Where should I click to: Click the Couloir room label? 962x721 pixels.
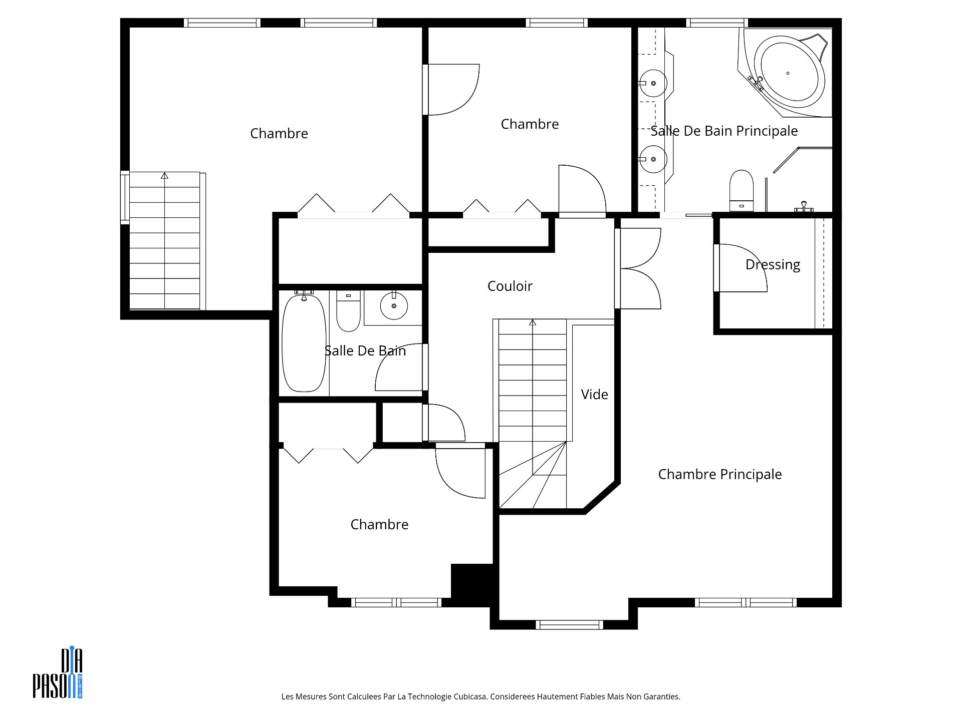[510, 286]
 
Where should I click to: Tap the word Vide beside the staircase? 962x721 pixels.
[594, 395]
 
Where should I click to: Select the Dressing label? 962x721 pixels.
[773, 265]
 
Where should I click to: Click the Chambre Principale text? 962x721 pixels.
[719, 474]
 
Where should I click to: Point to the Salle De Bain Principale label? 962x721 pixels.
[724, 131]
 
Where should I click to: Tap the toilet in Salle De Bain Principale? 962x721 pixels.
[742, 191]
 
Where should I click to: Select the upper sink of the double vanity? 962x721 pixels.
[653, 84]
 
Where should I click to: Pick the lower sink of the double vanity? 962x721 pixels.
[653, 159]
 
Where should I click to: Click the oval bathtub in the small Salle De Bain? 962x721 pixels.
[304, 343]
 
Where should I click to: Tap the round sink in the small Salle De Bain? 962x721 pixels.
[394, 305]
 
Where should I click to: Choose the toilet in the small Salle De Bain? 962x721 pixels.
[348, 310]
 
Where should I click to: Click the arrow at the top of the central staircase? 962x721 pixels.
[533, 323]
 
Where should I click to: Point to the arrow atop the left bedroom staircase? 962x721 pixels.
[164, 176]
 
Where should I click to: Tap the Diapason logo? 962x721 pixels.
[58, 673]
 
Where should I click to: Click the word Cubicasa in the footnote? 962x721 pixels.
[470, 696]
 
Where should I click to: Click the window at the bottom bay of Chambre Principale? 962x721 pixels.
[569, 624]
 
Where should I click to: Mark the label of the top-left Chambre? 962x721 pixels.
[279, 133]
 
